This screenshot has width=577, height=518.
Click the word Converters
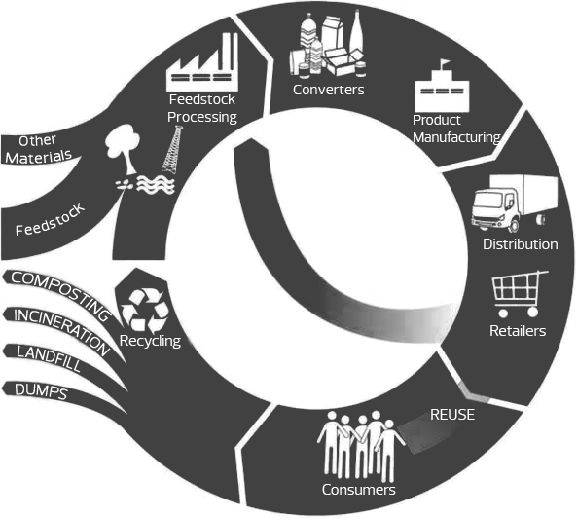point(328,90)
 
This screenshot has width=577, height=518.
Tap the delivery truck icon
point(514,203)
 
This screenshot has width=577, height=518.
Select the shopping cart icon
point(520,294)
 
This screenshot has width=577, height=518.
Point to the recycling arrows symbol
point(145,310)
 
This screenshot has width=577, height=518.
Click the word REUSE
point(452,415)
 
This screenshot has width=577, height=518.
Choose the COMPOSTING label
point(60,295)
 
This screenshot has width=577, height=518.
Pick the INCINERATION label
point(61,331)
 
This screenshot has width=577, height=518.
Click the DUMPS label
point(41,390)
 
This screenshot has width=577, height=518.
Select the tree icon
point(123,148)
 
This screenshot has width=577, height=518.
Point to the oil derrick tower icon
point(172,149)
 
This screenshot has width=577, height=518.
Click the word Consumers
point(358,490)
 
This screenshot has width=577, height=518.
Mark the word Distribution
point(520,244)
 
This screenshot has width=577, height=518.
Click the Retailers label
point(518,331)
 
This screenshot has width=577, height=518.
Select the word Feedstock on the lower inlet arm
point(50,220)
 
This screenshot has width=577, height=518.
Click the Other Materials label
point(38,150)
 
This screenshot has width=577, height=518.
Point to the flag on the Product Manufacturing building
point(445,63)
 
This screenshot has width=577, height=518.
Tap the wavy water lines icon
point(156,184)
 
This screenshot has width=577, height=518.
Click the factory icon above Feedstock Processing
point(202,62)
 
